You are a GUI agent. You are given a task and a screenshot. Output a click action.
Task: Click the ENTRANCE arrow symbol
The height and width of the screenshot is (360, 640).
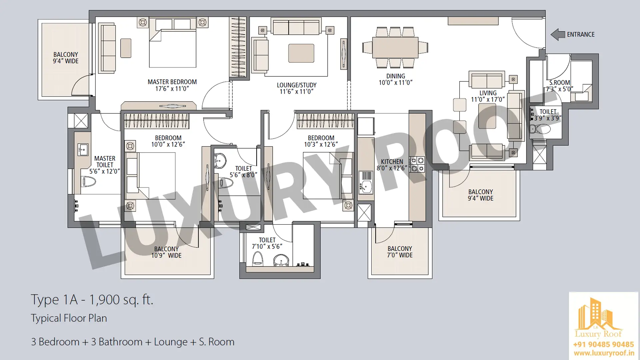pos(558,34)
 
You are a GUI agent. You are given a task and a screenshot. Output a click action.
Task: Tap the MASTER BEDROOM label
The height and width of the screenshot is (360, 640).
pos(172,82)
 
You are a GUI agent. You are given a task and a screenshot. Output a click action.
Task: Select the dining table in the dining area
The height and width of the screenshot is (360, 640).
pos(395,47)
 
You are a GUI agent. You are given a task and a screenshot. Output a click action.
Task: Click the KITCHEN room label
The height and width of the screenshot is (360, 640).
pos(392,162)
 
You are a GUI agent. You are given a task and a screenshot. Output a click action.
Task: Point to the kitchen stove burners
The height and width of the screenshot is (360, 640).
pos(417,164)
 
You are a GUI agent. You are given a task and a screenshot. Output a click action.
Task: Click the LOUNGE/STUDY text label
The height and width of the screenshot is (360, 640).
pos(297,85)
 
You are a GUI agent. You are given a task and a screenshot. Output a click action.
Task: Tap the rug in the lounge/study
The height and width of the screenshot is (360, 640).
pos(301,53)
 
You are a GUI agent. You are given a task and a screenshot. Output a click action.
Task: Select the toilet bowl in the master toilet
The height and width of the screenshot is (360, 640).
pos(89,182)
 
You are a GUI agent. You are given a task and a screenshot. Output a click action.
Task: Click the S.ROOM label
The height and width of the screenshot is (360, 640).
pos(560,83)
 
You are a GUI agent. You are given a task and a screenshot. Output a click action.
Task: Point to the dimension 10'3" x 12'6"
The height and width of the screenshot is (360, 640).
pos(321,144)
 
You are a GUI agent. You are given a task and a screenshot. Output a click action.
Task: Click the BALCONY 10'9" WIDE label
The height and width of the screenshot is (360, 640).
pos(166,252)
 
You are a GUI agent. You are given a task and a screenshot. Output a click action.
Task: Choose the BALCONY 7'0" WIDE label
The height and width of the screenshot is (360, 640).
pos(400,252)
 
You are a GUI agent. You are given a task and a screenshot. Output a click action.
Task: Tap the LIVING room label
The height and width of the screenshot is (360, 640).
pos(488,93)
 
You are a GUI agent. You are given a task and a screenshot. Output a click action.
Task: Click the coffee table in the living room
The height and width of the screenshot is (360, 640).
pos(487,116)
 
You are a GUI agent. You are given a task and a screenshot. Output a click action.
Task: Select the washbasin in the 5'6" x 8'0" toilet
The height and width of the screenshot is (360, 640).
pos(220,161)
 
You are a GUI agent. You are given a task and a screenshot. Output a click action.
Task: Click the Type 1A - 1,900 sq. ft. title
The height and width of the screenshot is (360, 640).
pos(92,300)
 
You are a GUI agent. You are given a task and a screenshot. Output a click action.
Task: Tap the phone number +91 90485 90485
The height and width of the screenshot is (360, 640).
pos(603,344)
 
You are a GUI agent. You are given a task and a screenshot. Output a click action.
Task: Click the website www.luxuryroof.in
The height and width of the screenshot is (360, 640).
pos(604,353)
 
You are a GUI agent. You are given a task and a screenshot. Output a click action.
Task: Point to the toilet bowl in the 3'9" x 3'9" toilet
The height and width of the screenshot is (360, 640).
pos(540,129)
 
